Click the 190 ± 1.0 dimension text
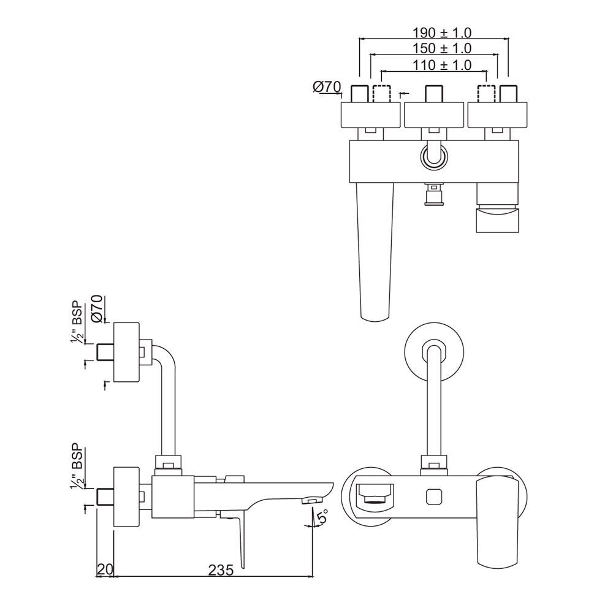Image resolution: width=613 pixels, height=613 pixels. coord(433,32)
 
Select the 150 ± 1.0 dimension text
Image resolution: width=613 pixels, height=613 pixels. coord(433,48)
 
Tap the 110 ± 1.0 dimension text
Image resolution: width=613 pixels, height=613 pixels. coord(433,64)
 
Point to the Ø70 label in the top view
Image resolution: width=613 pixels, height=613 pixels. coord(326,88)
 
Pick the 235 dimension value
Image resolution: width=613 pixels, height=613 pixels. coord(221,570)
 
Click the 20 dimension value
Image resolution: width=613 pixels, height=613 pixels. coord(105,570)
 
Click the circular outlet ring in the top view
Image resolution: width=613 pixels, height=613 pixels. coord(434,156)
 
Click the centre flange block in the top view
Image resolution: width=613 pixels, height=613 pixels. coord(434,115)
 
